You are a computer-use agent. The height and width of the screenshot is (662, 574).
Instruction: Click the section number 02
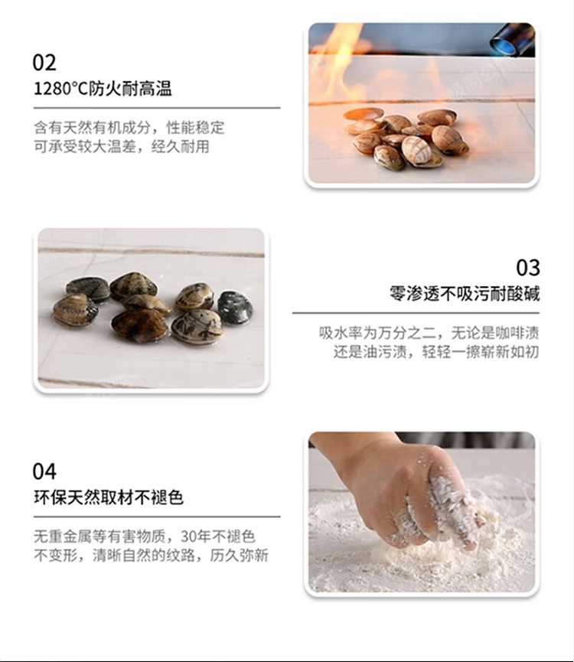pyautogui.click(x=44, y=63)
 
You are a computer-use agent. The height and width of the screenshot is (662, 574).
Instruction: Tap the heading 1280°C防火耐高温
pyautogui.click(x=103, y=89)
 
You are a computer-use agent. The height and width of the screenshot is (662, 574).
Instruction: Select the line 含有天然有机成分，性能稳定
pyautogui.click(x=129, y=128)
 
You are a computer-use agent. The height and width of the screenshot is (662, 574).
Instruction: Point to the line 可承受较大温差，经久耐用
pyautogui.click(x=122, y=146)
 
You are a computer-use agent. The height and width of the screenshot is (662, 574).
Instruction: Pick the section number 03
pyautogui.click(x=528, y=268)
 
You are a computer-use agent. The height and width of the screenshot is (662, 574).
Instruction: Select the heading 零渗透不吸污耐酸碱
pyautogui.click(x=465, y=293)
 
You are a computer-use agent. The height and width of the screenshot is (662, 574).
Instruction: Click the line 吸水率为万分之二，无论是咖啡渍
pyautogui.click(x=429, y=333)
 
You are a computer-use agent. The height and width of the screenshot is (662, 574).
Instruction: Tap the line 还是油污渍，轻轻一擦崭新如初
pyautogui.click(x=436, y=352)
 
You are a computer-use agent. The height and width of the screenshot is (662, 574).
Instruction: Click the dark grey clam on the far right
pyautogui.click(x=235, y=308)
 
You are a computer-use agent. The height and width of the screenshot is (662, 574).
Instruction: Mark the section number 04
pyautogui.click(x=44, y=471)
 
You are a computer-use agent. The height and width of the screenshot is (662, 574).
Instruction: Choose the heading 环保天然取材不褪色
pyautogui.click(x=109, y=497)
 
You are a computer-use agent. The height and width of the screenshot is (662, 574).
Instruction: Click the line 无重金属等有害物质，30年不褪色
pyautogui.click(x=145, y=536)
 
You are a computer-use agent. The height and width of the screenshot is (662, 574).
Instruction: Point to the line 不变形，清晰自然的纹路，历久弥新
pyautogui.click(x=151, y=555)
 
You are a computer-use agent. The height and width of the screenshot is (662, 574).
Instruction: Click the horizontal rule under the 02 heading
pyautogui.click(x=157, y=108)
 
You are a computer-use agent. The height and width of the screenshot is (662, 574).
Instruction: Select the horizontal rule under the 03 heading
pyautogui.click(x=416, y=313)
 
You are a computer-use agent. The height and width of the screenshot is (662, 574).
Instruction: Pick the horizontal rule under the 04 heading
pyautogui.click(x=157, y=517)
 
